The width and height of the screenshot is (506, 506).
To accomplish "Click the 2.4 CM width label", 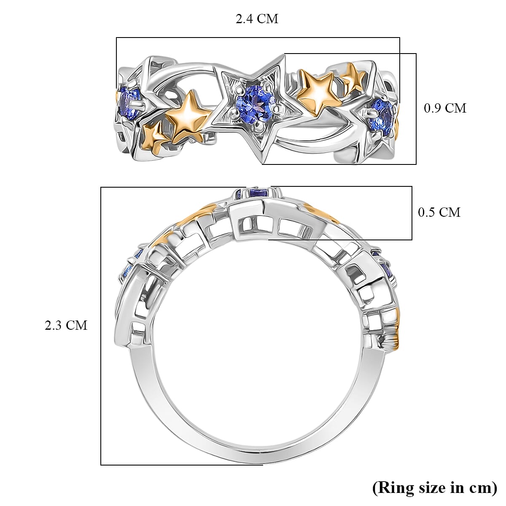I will [x=257, y=19].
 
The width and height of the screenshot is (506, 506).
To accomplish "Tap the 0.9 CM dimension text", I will [x=445, y=108].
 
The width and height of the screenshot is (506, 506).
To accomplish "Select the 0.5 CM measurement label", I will [x=439, y=212].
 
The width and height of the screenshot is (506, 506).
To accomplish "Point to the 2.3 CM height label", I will [x=66, y=325].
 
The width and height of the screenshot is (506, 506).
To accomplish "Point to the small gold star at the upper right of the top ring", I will [x=353, y=76].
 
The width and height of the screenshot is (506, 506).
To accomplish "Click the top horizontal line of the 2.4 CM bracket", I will [x=257, y=38].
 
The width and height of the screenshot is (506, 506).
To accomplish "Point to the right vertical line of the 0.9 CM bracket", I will [x=416, y=108].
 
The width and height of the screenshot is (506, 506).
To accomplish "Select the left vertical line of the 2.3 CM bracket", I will [x=101, y=325].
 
